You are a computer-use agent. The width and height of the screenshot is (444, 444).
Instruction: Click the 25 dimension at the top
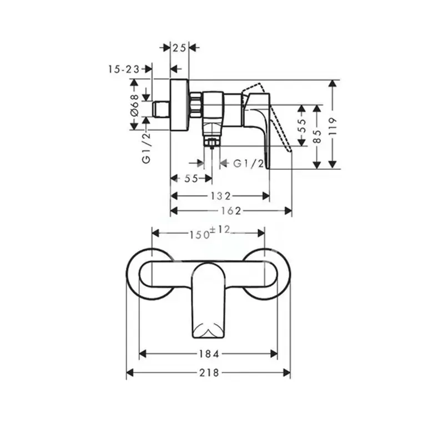pos(179,48)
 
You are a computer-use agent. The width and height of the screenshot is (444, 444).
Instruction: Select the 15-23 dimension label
pos(124,69)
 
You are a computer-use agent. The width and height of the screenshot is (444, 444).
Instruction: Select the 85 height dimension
pos(317,136)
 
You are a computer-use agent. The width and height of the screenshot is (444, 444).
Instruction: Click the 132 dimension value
pos(220,195)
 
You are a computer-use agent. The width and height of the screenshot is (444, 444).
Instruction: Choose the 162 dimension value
pos(230,210)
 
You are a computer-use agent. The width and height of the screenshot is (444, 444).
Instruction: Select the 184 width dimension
pos(207,354)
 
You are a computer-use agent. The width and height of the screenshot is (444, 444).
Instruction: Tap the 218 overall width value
pos(208,373)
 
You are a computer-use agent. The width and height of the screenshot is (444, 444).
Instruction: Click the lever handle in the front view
pos(208,300)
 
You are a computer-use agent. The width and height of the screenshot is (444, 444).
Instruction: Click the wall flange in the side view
pos(179,105)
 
